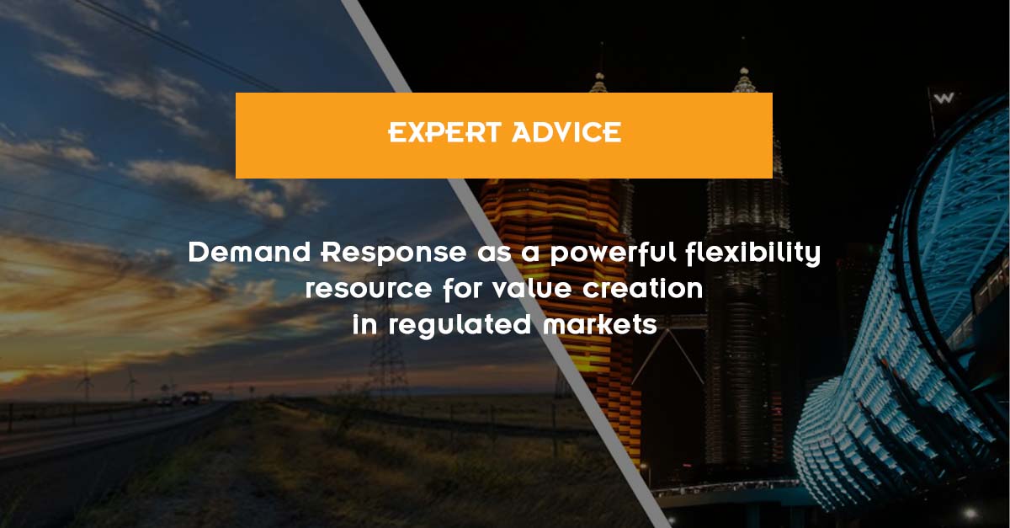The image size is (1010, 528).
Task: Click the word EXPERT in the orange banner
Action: click(x=445, y=133)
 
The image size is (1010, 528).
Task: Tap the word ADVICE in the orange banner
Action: click(x=566, y=133)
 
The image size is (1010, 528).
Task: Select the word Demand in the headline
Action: click(x=249, y=253)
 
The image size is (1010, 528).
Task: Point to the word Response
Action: click(x=394, y=253)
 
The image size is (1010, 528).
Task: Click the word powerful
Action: click(x=614, y=253)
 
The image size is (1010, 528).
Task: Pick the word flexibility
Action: click(x=753, y=253)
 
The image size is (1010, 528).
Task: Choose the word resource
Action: click(x=369, y=290)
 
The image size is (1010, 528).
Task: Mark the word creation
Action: click(x=643, y=288)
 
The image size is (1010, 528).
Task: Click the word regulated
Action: click(x=460, y=326)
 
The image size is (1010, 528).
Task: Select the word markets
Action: click(x=600, y=325)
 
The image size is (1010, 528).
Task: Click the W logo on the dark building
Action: click(x=944, y=98)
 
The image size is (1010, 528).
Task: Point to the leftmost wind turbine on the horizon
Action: click(x=85, y=382)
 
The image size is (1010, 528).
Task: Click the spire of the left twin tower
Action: click(x=599, y=67)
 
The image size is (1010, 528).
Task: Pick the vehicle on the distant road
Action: click(x=190, y=398)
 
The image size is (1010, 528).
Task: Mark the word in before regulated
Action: click(x=364, y=325)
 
